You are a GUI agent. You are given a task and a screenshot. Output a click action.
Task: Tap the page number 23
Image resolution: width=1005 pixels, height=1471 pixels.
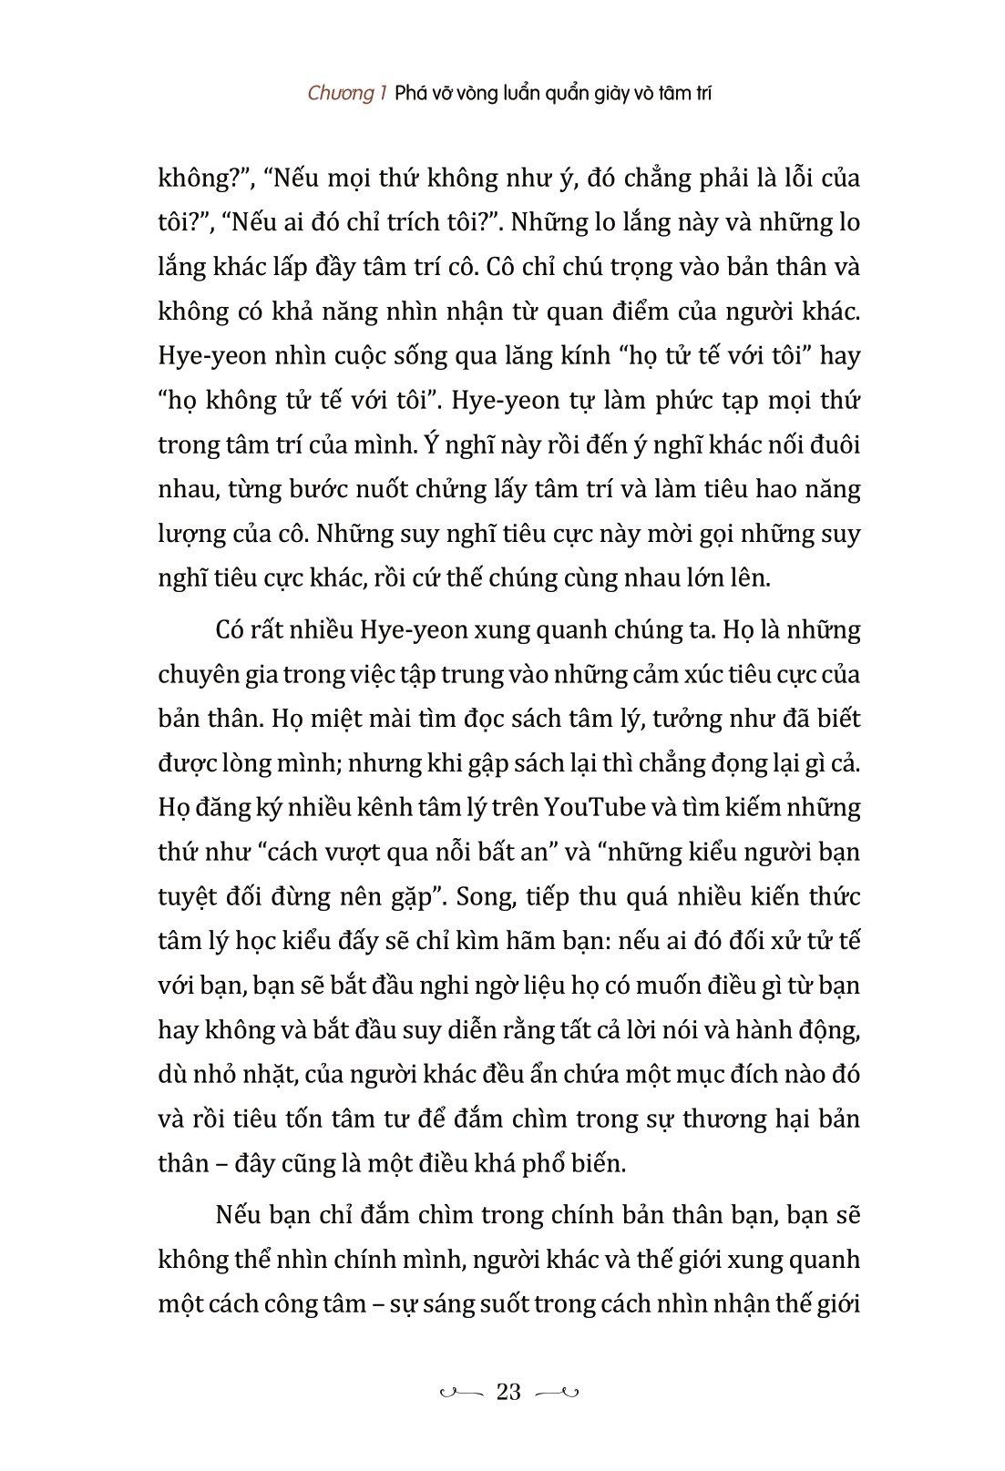508,1391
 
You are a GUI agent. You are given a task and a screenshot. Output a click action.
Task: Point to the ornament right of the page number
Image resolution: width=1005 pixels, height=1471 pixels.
557,1392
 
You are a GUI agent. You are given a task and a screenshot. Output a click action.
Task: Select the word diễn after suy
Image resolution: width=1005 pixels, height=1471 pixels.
478,1030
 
